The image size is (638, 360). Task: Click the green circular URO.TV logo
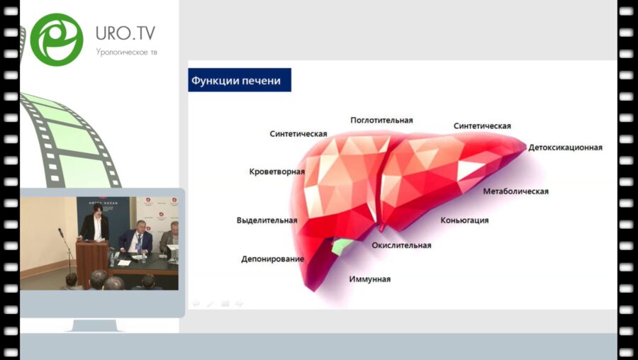pyautogui.click(x=57, y=39)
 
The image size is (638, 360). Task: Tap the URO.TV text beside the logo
pyautogui.click(x=125, y=34)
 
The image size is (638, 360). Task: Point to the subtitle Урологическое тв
pyautogui.click(x=126, y=52)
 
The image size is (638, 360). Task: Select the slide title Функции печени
pyautogui.click(x=235, y=81)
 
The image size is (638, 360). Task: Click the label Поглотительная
pyautogui.click(x=381, y=120)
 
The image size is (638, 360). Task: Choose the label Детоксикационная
pyautogui.click(x=565, y=147)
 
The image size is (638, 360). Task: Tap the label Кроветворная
pyautogui.click(x=277, y=171)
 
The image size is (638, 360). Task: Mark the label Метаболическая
pyautogui.click(x=515, y=191)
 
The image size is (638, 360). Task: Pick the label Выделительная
pyautogui.click(x=267, y=220)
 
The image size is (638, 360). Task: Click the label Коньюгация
pyautogui.click(x=464, y=220)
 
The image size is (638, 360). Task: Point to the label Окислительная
pyautogui.click(x=401, y=245)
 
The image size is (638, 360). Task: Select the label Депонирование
pyautogui.click(x=272, y=259)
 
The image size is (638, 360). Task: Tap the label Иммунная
pyautogui.click(x=369, y=279)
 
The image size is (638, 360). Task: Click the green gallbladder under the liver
pyautogui.click(x=342, y=246)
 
